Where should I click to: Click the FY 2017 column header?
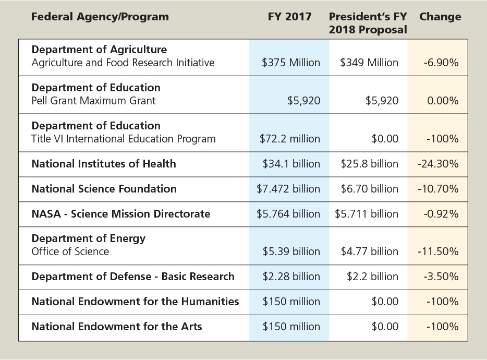(289, 17)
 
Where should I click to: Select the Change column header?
(440, 17)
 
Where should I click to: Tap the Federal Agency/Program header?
(100, 17)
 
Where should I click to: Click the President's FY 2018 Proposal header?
(368, 23)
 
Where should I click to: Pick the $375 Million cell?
(291, 63)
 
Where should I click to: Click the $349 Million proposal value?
(369, 63)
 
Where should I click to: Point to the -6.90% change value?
(442, 63)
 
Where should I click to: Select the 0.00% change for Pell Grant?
(443, 101)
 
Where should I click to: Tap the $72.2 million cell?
(290, 139)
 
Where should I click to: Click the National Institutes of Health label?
(104, 164)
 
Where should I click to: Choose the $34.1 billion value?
(291, 164)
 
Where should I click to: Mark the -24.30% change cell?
(439, 164)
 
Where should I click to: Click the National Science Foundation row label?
(104, 189)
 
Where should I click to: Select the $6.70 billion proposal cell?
(370, 189)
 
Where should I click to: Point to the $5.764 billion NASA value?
(288, 214)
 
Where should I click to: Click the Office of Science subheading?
(70, 251)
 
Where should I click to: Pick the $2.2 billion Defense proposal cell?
(372, 277)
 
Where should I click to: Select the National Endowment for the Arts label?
(117, 327)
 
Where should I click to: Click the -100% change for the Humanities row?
(443, 302)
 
